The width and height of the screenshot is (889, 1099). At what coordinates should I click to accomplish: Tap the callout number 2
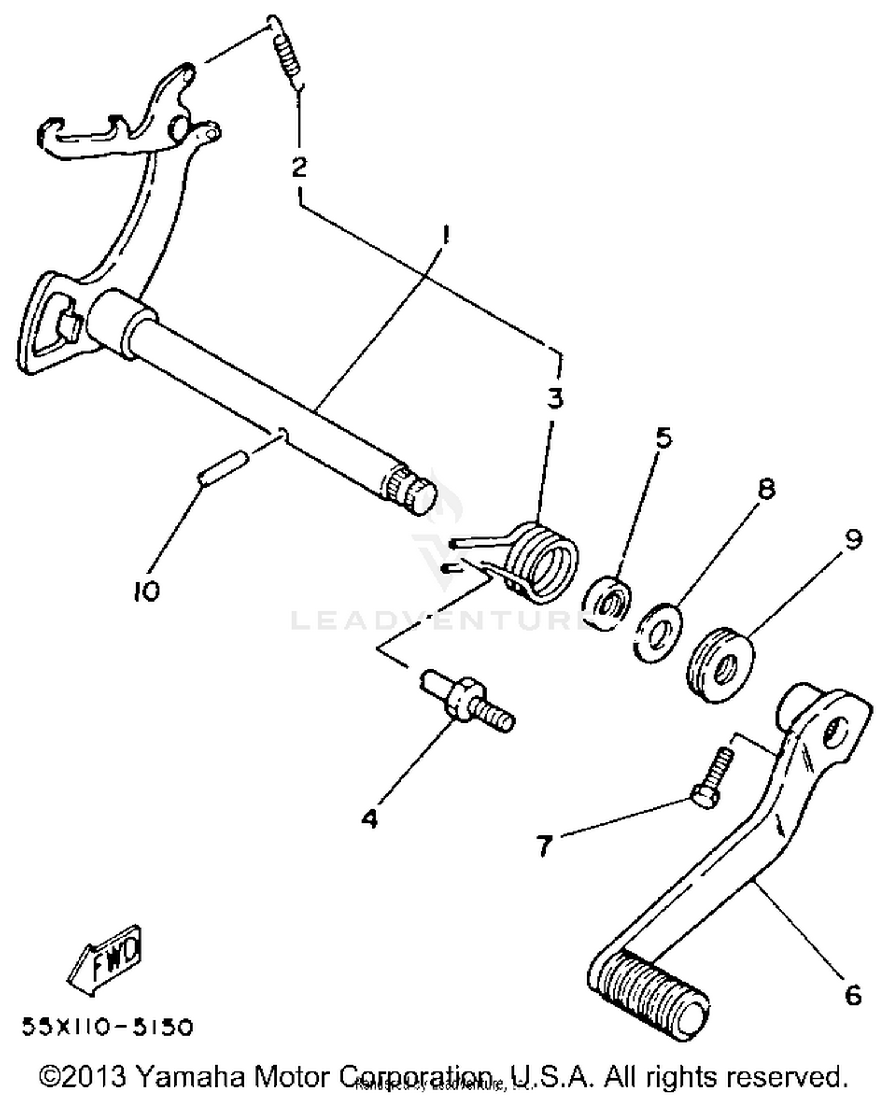pyautogui.click(x=300, y=168)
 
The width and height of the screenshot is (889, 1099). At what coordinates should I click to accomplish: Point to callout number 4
pyautogui.click(x=369, y=819)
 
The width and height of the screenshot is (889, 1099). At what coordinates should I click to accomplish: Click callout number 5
pyautogui.click(x=663, y=438)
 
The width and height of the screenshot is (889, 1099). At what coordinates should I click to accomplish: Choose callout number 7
pyautogui.click(x=543, y=845)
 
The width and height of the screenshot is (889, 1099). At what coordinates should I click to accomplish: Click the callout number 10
pyautogui.click(x=146, y=590)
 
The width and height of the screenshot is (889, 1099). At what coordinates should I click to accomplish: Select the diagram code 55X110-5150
pyautogui.click(x=107, y=1027)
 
